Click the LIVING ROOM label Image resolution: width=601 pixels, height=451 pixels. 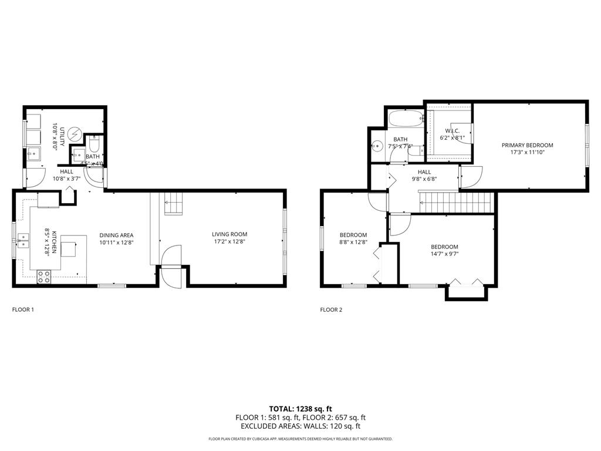click(229, 234)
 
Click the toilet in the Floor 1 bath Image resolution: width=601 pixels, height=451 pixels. click(94, 145)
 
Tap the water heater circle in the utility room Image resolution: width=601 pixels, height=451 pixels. click(75, 134)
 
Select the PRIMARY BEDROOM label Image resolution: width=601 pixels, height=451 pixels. click(527, 144)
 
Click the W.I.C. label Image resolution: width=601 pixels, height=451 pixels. click(451, 130)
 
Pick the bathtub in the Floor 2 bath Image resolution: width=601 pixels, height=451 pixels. click(406, 119)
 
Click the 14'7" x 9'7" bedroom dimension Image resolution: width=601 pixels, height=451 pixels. click(444, 255)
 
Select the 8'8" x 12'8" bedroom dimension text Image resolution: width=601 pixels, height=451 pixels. click(353, 241)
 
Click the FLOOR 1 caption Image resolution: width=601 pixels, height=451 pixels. click(23, 309)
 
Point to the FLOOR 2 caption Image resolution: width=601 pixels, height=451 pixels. click(331, 309)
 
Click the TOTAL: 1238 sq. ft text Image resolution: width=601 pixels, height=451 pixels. click(300, 408)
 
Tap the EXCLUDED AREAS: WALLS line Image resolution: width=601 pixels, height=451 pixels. click(300, 426)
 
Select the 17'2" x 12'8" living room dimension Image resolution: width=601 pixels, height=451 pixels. click(229, 241)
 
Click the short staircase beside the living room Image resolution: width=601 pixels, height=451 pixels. click(173, 203)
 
